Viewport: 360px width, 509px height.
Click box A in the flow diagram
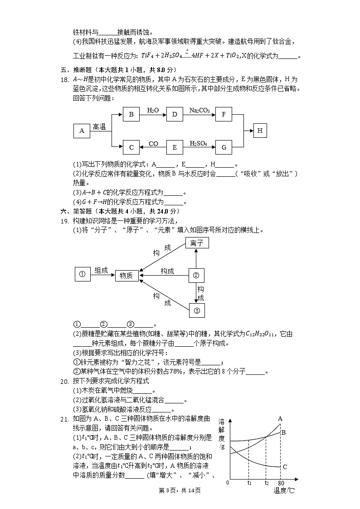click(x=82, y=131)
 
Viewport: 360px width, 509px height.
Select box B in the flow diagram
click(x=131, y=114)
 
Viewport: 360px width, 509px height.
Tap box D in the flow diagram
click(x=175, y=114)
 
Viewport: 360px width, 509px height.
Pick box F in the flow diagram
click(x=224, y=114)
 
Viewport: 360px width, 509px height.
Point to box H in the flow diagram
click(x=260, y=131)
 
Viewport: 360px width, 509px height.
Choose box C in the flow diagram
click(x=131, y=147)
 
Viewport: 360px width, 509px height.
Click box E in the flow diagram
click(x=175, y=147)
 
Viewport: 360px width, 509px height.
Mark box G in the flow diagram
click(x=224, y=147)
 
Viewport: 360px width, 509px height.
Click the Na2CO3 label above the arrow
click(x=199, y=110)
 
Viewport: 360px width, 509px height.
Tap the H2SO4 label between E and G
click(x=199, y=143)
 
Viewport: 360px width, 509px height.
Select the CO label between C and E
click(x=153, y=144)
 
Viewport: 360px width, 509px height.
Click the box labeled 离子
click(x=196, y=243)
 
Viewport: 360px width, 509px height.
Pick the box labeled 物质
click(x=126, y=275)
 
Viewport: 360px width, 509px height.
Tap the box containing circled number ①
click(x=82, y=274)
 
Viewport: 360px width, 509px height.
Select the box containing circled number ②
click(x=196, y=275)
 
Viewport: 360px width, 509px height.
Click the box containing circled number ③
click(x=196, y=310)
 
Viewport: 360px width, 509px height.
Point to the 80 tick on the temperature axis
click(x=281, y=483)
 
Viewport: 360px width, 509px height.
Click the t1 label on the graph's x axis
click(x=249, y=483)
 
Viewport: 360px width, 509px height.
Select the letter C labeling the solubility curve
click(x=285, y=467)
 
